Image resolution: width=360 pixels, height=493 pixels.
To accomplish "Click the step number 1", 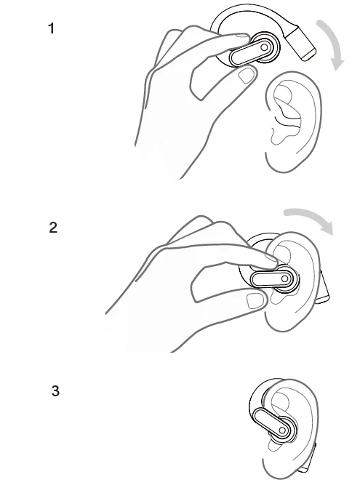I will (x=51, y=31).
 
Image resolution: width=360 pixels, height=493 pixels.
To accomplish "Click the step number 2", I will (x=52, y=228).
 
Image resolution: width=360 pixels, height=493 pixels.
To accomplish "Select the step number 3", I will (x=55, y=391).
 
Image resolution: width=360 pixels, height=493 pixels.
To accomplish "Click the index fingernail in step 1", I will (x=239, y=37).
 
